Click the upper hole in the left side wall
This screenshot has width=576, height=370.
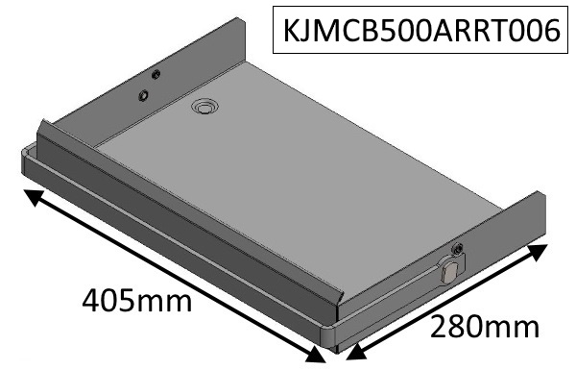tap(156, 75)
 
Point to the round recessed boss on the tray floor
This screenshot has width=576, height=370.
tap(204, 109)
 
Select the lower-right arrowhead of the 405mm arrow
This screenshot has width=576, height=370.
tap(316, 356)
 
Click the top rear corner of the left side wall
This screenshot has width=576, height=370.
tap(232, 18)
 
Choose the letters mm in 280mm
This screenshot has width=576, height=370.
tap(516, 329)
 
